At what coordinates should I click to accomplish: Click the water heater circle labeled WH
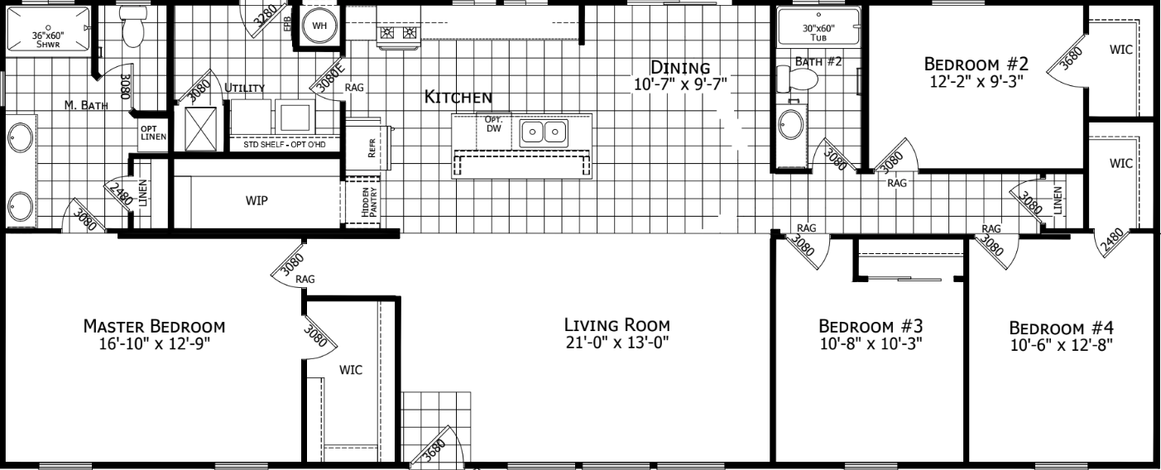pos(319,26)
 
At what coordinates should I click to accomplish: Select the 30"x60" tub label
pos(818,32)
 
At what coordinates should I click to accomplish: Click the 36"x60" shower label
pos(48,40)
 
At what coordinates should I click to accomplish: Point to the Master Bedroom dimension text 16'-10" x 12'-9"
pos(155,343)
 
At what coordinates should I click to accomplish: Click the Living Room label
pos(616,325)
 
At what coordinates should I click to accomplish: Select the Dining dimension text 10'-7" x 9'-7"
pos(680,84)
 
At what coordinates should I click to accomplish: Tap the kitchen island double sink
pos(544,132)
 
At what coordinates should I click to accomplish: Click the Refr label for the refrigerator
pos(371,147)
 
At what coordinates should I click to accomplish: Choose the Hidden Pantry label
pos(369,202)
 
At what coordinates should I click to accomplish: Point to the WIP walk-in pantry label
pos(257,200)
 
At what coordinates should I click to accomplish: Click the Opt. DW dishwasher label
pos(493,124)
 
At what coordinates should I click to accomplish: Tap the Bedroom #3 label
pos(871,326)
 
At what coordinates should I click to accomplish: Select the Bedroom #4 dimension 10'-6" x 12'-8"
pos(1062,345)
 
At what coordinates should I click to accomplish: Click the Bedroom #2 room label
pos(976,64)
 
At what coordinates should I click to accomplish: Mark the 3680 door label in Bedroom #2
pos(1072,58)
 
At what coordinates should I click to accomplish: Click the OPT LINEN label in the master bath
pos(153,132)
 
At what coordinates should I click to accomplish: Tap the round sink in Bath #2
pos(791,124)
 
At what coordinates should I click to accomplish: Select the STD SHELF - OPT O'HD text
pos(285,145)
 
